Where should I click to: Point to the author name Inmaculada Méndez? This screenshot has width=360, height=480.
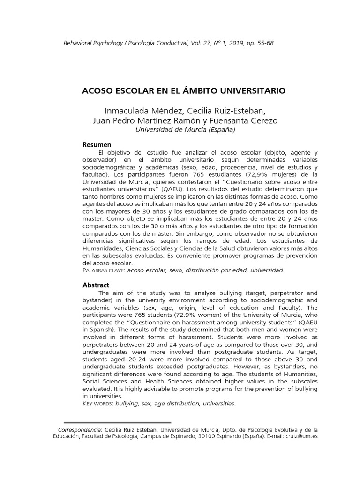[x=138, y=111]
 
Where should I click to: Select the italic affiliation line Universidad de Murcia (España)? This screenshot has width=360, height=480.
[x=185, y=130]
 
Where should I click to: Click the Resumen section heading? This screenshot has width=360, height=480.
[x=97, y=145]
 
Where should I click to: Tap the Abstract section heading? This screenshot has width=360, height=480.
[x=96, y=285]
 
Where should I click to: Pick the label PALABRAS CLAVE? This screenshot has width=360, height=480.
[x=100, y=270]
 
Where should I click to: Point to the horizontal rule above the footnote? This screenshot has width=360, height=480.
[x=117, y=422]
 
